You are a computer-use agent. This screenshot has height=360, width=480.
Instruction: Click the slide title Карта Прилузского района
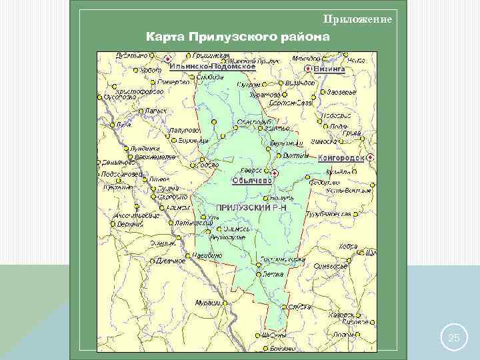click(237, 36)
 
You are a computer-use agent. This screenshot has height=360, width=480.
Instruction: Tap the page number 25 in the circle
click(454, 338)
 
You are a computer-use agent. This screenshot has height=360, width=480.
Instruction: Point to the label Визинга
click(329, 68)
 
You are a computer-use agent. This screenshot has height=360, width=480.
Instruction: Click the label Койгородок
click(342, 158)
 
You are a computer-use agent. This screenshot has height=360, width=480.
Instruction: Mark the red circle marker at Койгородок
click(370, 157)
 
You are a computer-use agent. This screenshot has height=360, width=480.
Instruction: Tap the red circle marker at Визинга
click(307, 68)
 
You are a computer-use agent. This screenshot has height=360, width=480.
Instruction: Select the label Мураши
click(207, 303)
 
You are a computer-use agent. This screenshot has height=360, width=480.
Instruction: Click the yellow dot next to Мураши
click(225, 303)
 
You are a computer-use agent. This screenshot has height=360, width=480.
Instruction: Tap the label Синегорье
click(331, 265)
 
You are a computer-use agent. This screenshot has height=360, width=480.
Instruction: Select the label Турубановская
click(328, 215)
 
